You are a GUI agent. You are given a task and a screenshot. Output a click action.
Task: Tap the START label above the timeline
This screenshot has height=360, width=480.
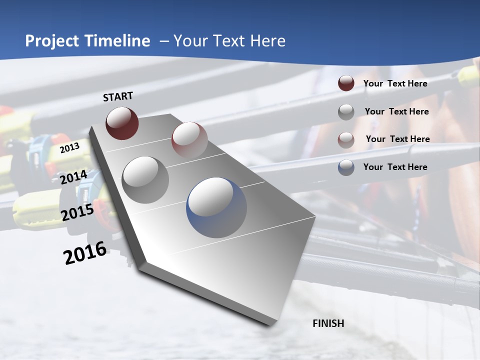(x=118, y=96)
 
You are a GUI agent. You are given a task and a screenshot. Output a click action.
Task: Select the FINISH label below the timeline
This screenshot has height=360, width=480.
(x=328, y=323)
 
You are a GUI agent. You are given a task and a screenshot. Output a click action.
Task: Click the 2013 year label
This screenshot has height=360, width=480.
(x=70, y=148)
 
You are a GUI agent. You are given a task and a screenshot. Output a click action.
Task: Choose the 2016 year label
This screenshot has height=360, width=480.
(x=85, y=252)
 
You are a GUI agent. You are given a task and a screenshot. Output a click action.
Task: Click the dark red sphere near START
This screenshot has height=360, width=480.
(x=122, y=123)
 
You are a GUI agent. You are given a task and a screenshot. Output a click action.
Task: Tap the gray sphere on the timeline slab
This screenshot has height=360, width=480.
(x=145, y=179)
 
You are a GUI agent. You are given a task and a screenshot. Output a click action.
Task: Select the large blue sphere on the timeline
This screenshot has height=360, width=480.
(x=216, y=207)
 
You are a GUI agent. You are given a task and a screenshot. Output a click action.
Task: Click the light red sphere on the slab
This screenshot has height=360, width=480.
(x=189, y=140)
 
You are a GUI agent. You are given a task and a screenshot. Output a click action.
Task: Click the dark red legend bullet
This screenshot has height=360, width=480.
(x=346, y=83)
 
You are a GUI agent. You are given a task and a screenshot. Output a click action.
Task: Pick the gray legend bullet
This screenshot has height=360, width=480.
(x=346, y=111)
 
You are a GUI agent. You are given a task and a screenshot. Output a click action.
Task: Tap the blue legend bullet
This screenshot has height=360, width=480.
(x=346, y=167)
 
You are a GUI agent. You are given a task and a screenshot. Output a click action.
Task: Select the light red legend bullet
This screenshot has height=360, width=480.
(x=346, y=139)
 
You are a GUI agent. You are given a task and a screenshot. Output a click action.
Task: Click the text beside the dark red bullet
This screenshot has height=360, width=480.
(x=395, y=83)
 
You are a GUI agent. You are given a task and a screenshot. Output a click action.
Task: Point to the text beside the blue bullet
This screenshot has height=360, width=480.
(x=395, y=167)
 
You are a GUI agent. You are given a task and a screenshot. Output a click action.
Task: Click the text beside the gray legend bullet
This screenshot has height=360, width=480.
(x=396, y=111)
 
